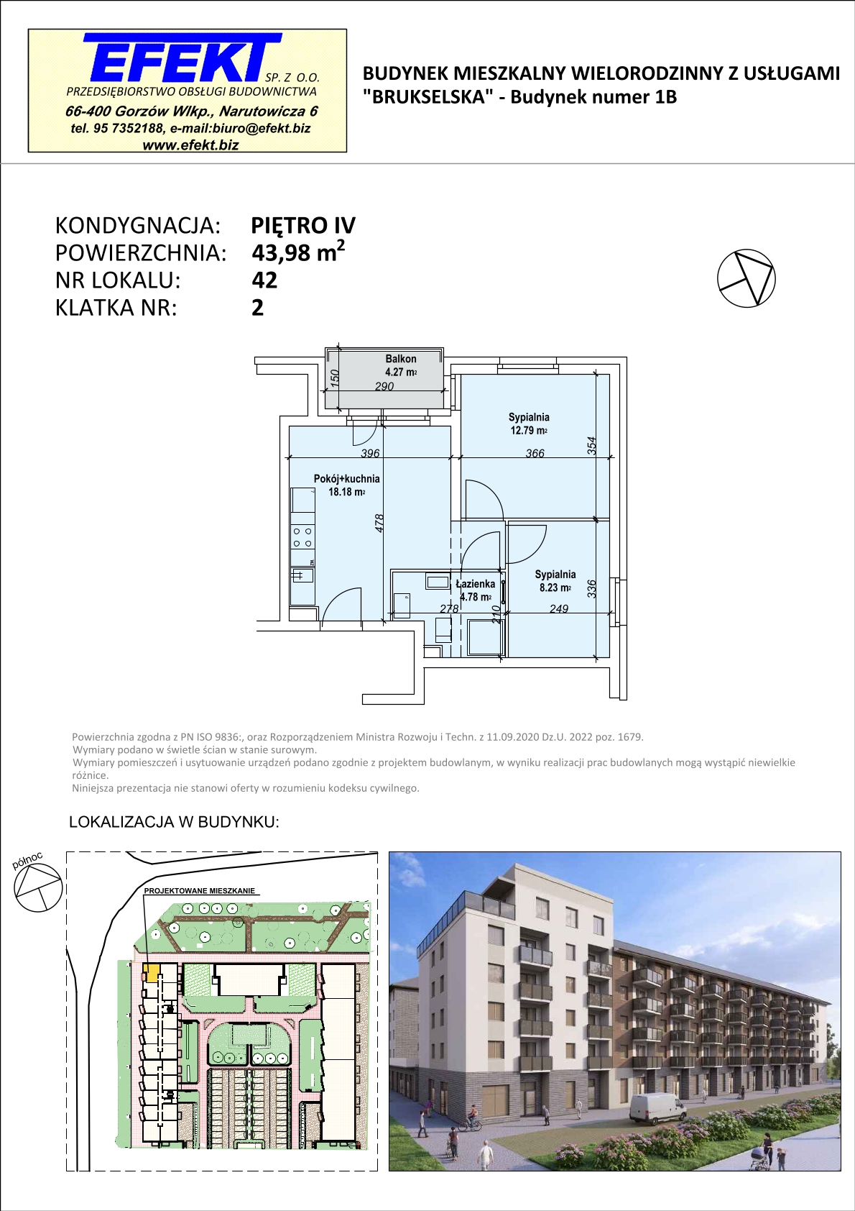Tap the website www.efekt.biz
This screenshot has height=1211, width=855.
(190, 145)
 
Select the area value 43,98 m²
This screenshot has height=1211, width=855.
(298, 252)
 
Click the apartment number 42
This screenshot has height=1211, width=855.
(264, 280)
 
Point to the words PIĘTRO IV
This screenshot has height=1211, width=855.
(303, 225)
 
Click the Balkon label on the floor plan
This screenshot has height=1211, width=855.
(401, 358)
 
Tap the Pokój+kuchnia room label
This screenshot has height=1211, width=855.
(347, 478)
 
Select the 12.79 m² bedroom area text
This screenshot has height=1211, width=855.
(529, 430)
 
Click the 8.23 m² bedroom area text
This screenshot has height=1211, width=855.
(555, 588)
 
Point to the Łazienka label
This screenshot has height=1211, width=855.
(476, 584)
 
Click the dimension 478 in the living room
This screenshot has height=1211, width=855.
(379, 523)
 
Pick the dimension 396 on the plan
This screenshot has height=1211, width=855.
(370, 453)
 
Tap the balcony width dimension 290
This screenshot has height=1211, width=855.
(384, 386)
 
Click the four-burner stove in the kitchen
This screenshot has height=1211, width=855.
(302, 538)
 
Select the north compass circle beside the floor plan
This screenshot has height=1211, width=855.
(746, 278)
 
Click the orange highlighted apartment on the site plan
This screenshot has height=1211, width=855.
(152, 973)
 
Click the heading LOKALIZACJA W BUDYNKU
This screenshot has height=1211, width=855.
(174, 822)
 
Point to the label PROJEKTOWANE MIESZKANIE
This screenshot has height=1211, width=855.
(199, 891)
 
